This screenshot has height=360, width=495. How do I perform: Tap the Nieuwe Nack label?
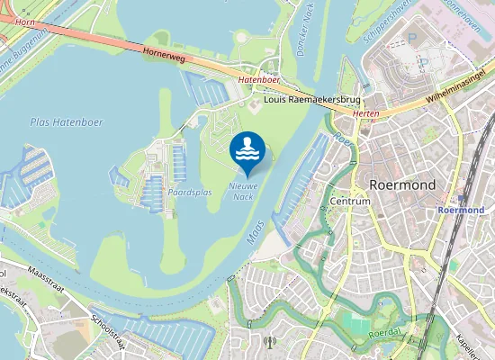244,191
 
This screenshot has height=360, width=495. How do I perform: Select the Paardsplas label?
190,192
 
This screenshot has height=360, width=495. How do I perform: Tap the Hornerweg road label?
164,55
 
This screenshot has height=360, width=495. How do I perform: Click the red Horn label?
25,20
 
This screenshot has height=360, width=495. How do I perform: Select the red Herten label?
365,113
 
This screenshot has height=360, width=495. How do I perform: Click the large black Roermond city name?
402,184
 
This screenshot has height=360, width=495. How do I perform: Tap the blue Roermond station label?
461,210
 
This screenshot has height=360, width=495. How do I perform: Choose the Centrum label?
350,202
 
